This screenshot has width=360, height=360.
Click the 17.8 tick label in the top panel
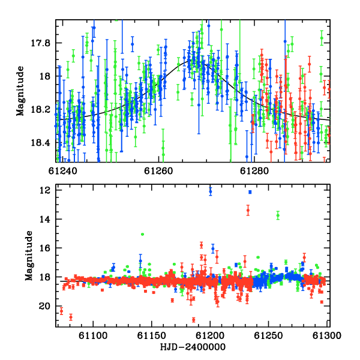tap(40, 43)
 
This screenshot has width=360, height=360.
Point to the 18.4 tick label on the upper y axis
tap(40, 143)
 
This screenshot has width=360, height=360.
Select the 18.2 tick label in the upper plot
tap(40, 110)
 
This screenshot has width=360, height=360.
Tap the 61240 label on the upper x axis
tap(62, 171)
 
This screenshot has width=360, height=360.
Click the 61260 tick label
tap(158, 171)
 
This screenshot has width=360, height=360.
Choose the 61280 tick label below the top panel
tap(254, 171)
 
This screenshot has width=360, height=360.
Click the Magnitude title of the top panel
tap(20, 91)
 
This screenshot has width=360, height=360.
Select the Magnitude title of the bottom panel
tap(29, 256)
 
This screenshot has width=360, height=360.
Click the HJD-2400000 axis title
tap(193, 347)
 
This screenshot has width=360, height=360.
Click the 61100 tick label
tap(93, 335)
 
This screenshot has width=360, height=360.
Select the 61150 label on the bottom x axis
tap(151, 335)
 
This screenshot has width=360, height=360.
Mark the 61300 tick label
tap(327, 335)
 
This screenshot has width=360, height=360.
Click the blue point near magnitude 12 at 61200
tap(211, 191)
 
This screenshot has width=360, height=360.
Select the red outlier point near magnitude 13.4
tap(248, 210)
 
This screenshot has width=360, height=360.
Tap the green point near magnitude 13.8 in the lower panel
tap(278, 215)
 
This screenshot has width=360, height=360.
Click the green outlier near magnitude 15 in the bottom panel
tap(142, 234)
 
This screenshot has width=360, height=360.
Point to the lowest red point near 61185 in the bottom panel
tap(194, 320)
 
